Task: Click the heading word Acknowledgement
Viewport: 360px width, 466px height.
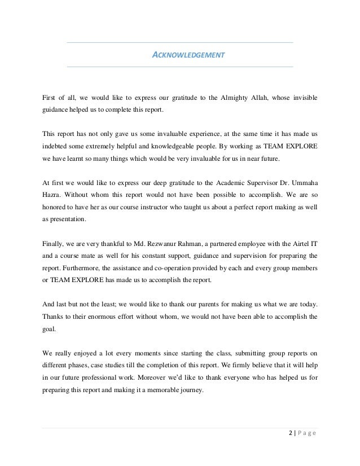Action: [x=190, y=55]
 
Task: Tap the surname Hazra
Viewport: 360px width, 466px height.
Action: [x=52, y=195]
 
